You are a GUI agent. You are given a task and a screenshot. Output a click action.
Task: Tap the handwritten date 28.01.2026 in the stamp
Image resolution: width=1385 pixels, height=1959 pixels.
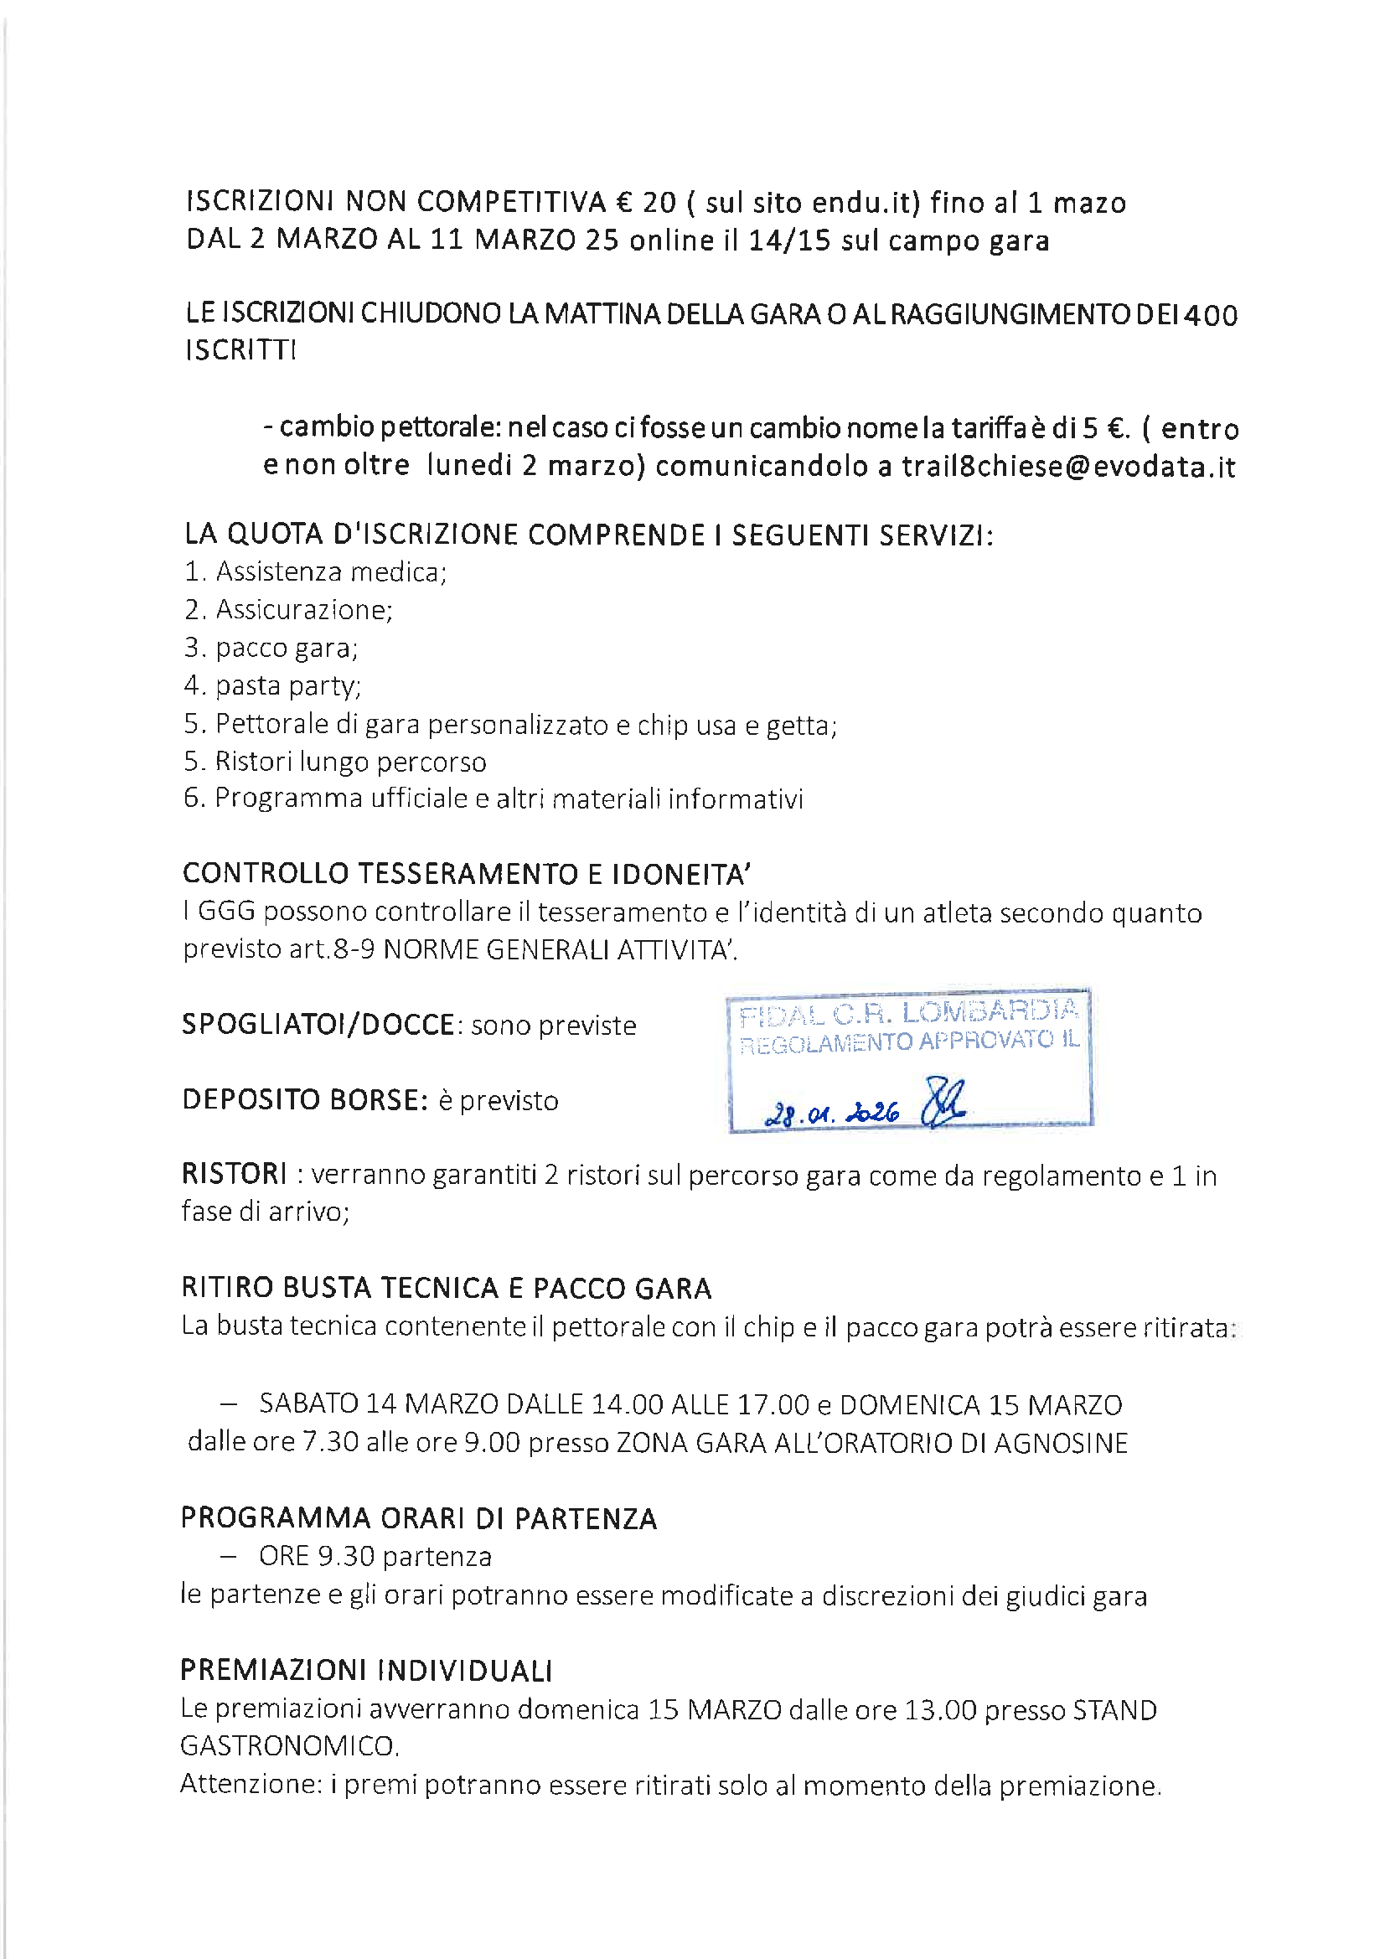pos(833,1113)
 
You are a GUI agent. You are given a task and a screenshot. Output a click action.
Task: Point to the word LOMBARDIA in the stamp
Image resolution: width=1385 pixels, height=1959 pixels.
pos(990,1012)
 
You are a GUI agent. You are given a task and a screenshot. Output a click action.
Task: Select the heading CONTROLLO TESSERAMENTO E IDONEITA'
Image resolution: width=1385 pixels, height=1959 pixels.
pos(466,874)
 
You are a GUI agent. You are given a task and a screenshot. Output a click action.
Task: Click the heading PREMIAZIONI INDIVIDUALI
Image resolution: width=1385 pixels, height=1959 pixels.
pos(366,1670)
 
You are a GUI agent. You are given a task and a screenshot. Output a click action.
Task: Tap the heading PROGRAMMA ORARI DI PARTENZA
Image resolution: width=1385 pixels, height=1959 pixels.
pos(419,1518)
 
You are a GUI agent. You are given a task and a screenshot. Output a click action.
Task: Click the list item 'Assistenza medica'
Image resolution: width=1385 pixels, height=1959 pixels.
pos(329,571)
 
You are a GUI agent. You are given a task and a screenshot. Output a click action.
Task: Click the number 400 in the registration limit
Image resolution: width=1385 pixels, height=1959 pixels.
pos(1210,316)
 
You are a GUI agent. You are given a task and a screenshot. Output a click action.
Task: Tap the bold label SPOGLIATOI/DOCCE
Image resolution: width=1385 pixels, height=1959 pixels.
pos(318,1024)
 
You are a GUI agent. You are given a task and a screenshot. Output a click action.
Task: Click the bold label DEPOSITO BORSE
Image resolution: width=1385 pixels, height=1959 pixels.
pos(305,1100)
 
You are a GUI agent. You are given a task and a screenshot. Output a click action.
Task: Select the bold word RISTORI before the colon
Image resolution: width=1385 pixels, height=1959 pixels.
pos(234,1174)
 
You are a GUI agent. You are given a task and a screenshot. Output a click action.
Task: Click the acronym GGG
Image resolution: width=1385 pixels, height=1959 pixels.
pos(226,912)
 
